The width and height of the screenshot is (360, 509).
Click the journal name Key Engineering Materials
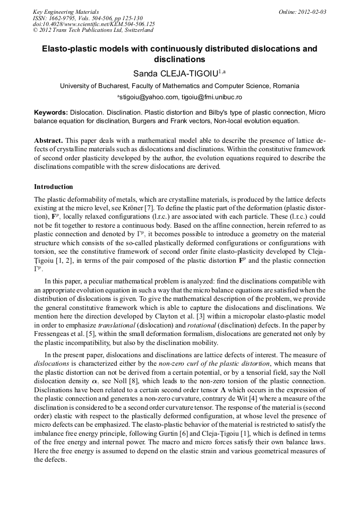pos(65,11)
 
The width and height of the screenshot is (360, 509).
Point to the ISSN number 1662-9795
pos(63,18)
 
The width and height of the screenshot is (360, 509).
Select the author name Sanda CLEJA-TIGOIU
pos(175,72)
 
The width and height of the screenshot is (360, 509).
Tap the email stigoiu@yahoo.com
pos(149,98)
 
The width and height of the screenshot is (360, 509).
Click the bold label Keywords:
pos(51,113)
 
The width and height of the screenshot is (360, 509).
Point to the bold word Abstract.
pos(48,141)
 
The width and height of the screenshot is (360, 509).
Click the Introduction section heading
pos(53,187)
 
